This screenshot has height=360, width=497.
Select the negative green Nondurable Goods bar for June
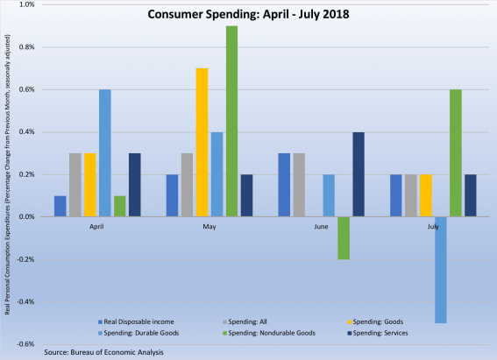[x=344, y=237]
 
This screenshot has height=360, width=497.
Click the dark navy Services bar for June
[x=359, y=174]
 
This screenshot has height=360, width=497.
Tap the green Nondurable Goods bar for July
[x=455, y=152]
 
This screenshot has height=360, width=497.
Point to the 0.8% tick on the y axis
[x=26, y=47]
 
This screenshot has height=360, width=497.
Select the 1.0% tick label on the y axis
[x=26, y=5]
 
